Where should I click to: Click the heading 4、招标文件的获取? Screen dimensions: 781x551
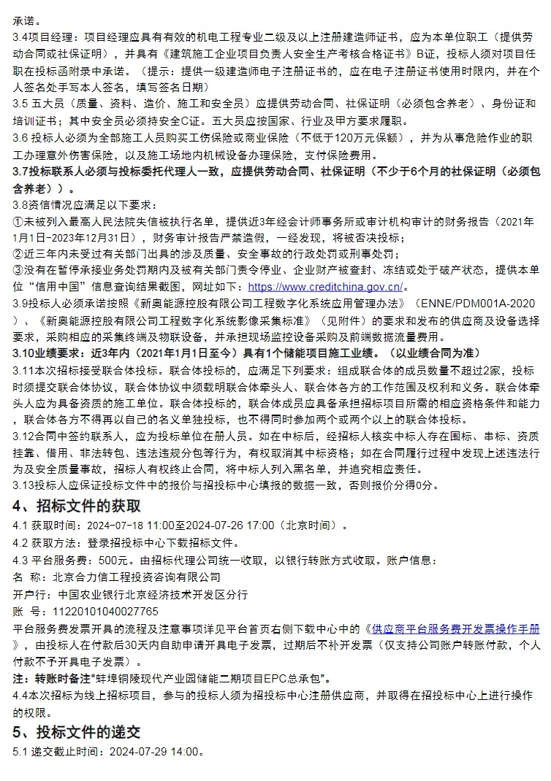[x=77, y=506]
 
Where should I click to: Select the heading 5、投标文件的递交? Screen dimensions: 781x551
[x=77, y=731]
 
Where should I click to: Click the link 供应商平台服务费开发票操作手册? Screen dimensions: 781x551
[x=456, y=628]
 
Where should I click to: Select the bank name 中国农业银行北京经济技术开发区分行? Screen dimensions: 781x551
[x=143, y=594]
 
